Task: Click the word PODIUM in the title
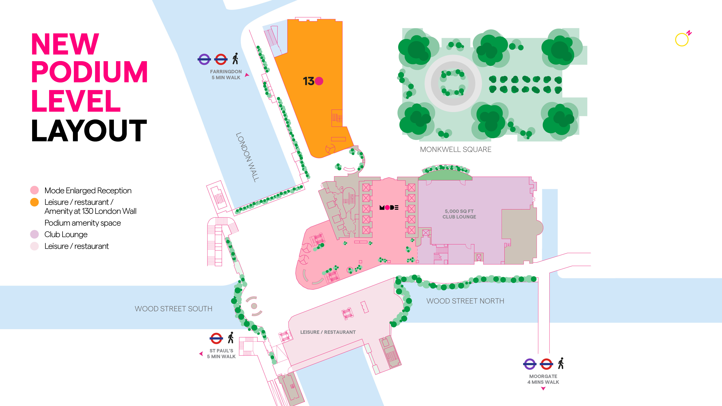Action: tap(89, 72)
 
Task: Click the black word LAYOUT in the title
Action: tap(89, 131)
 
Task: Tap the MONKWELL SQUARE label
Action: tap(455, 150)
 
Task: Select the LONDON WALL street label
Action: tap(247, 157)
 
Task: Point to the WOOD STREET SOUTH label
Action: tap(173, 309)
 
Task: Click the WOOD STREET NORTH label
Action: tap(465, 301)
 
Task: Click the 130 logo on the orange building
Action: tap(313, 81)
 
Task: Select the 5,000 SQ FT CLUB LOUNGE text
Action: tap(459, 214)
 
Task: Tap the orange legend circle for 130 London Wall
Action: tap(34, 202)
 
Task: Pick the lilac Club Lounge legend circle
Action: tap(34, 234)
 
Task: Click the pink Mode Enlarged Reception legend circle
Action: tap(34, 190)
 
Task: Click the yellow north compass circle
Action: tap(682, 40)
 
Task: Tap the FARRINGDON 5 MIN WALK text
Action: tap(226, 75)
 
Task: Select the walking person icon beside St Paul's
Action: tap(231, 338)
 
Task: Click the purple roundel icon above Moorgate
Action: tap(529, 364)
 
